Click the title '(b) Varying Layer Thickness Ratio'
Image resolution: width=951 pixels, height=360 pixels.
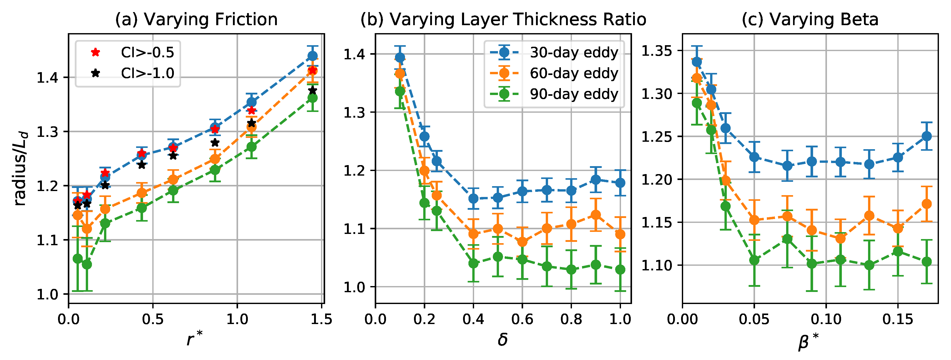[503, 19]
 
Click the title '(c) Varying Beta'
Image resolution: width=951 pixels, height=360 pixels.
[810, 19]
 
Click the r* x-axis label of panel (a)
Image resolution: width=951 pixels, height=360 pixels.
[195, 339]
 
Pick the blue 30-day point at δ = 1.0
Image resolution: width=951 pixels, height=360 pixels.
[620, 183]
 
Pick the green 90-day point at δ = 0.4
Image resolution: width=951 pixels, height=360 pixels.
[473, 263]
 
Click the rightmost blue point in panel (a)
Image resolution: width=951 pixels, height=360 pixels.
[312, 56]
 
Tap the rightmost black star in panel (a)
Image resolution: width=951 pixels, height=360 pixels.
[312, 90]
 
